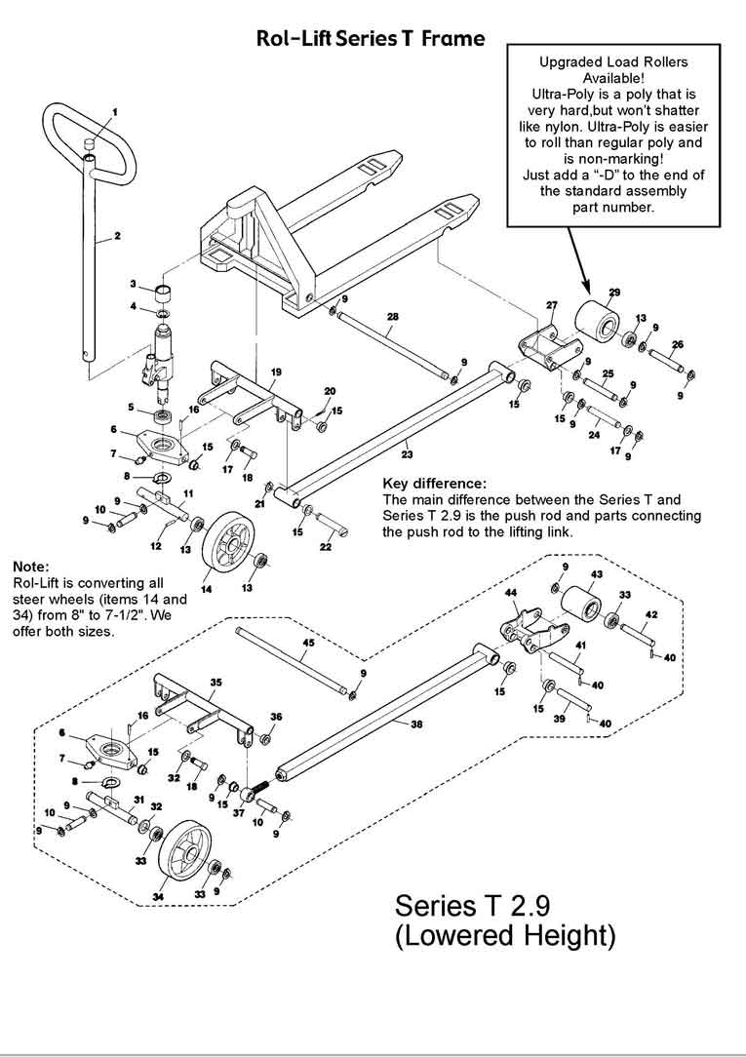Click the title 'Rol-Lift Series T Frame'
click(370, 39)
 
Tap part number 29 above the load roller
click(614, 292)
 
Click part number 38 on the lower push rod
click(416, 724)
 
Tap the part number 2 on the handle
click(117, 235)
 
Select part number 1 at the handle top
click(113, 112)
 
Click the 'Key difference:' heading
click(434, 484)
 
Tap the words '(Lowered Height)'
click(505, 936)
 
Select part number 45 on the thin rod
click(307, 644)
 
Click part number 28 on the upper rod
click(392, 317)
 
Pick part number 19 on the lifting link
click(276, 372)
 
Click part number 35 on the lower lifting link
click(216, 682)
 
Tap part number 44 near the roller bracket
click(509, 592)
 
